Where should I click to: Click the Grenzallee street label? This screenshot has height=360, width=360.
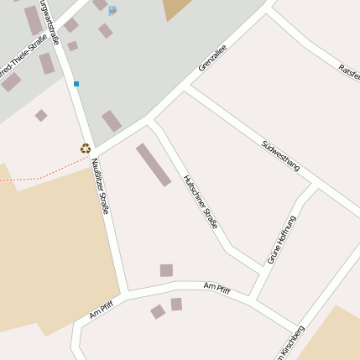pos(212,61)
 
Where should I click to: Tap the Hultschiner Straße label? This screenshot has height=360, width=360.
pos(201,201)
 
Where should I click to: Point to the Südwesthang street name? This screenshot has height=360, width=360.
pos(280,155)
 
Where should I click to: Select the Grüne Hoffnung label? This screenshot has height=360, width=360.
pos(282,240)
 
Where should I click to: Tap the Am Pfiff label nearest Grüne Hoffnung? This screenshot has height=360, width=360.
pos(217,288)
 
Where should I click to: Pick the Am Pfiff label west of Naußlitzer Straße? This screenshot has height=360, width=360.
pos(101,310)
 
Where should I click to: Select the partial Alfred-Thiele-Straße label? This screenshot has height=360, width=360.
pos(24,55)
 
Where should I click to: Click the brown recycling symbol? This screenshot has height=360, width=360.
pos(86,149)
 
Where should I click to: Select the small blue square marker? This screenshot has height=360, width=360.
pos(76,84)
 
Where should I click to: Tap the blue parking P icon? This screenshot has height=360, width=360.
pos(112,10)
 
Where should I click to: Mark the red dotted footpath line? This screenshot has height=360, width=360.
pos(42,176)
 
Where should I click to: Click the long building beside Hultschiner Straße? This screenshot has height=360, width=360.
pos(154,164)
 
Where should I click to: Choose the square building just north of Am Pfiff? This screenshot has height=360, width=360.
pos(166,270)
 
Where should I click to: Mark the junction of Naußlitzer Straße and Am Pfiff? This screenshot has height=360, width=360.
pos(124,294)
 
